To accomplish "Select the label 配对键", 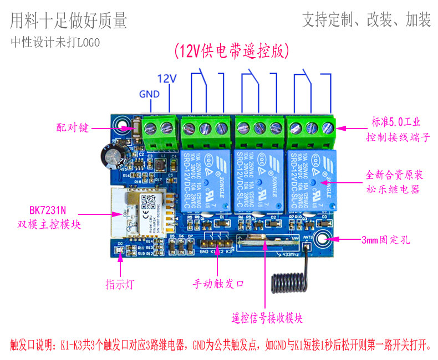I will tap(73, 128).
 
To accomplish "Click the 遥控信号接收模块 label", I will tap(267, 318).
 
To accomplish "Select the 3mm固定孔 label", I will tap(388, 240).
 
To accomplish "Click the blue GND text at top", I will tap(149, 94).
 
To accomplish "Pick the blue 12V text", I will tap(166, 79).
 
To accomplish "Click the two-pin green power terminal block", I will tap(159, 130).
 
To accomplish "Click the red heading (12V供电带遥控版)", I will tap(231, 51).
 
